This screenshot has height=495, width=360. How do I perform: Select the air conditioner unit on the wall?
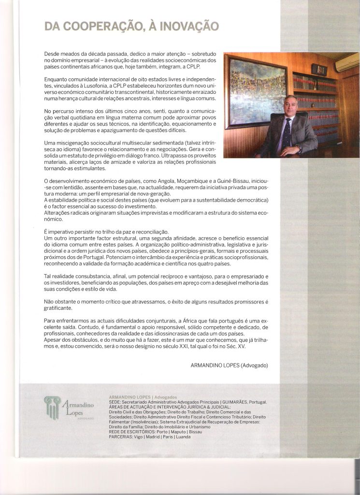click(x=347, y=62)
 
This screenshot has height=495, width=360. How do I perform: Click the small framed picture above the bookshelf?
click(x=319, y=69)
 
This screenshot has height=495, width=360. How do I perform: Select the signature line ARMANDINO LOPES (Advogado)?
click(x=230, y=365)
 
